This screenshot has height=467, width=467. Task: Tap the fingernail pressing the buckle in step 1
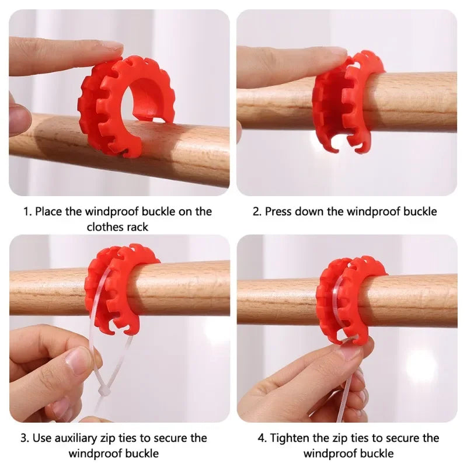[x=111, y=46]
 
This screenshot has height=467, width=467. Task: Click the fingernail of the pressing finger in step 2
[x=337, y=51]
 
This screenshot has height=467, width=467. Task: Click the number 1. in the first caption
[x=27, y=212]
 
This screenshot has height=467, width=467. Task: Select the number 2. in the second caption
[x=257, y=212]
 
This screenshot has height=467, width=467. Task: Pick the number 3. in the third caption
[x=25, y=438]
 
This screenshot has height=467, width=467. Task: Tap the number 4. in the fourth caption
[x=262, y=438]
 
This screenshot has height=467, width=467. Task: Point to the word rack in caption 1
[x=138, y=227]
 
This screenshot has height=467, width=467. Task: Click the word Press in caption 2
[x=278, y=212]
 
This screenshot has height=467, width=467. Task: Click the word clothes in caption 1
[x=106, y=227]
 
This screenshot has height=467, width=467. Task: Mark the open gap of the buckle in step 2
[x=343, y=140]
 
